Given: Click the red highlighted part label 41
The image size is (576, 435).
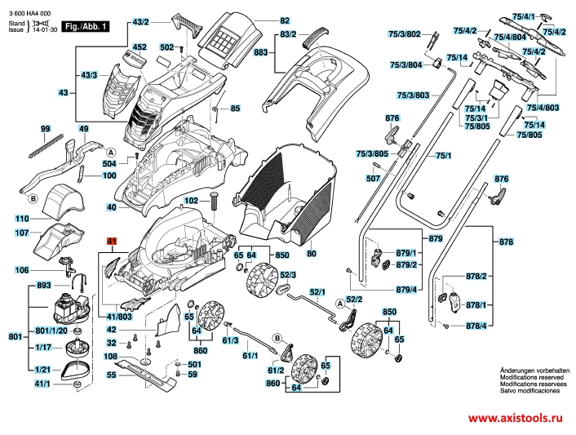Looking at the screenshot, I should (x=112, y=242).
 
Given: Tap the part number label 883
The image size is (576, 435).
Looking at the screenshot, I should (x=262, y=53).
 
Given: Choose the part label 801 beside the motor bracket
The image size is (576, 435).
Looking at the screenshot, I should (x=15, y=336).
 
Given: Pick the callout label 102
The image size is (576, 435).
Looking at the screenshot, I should (x=191, y=200).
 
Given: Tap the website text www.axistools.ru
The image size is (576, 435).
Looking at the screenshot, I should (x=514, y=415).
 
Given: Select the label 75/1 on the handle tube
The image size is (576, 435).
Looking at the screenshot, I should (x=443, y=155).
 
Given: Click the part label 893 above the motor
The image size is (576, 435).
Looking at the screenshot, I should (x=44, y=286).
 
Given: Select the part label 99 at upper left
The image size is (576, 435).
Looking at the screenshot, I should (x=46, y=130).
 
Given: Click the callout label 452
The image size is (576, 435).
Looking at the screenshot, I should (x=140, y=47).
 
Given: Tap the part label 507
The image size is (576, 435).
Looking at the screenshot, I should (x=374, y=178).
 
